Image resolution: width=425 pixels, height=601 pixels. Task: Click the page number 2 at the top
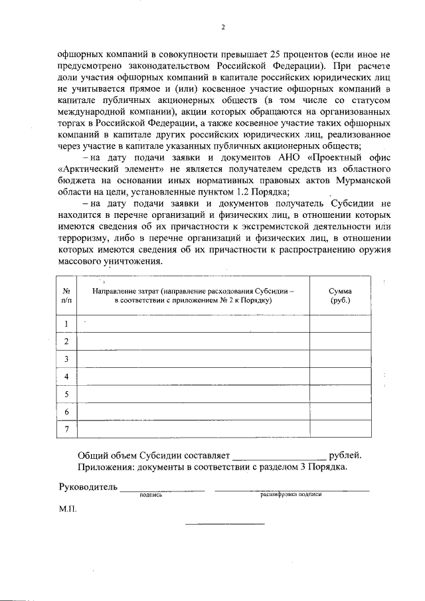point(223,27)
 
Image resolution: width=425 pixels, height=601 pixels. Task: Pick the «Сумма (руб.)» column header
point(341,296)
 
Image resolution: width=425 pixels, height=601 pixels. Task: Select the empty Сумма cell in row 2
point(341,341)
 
